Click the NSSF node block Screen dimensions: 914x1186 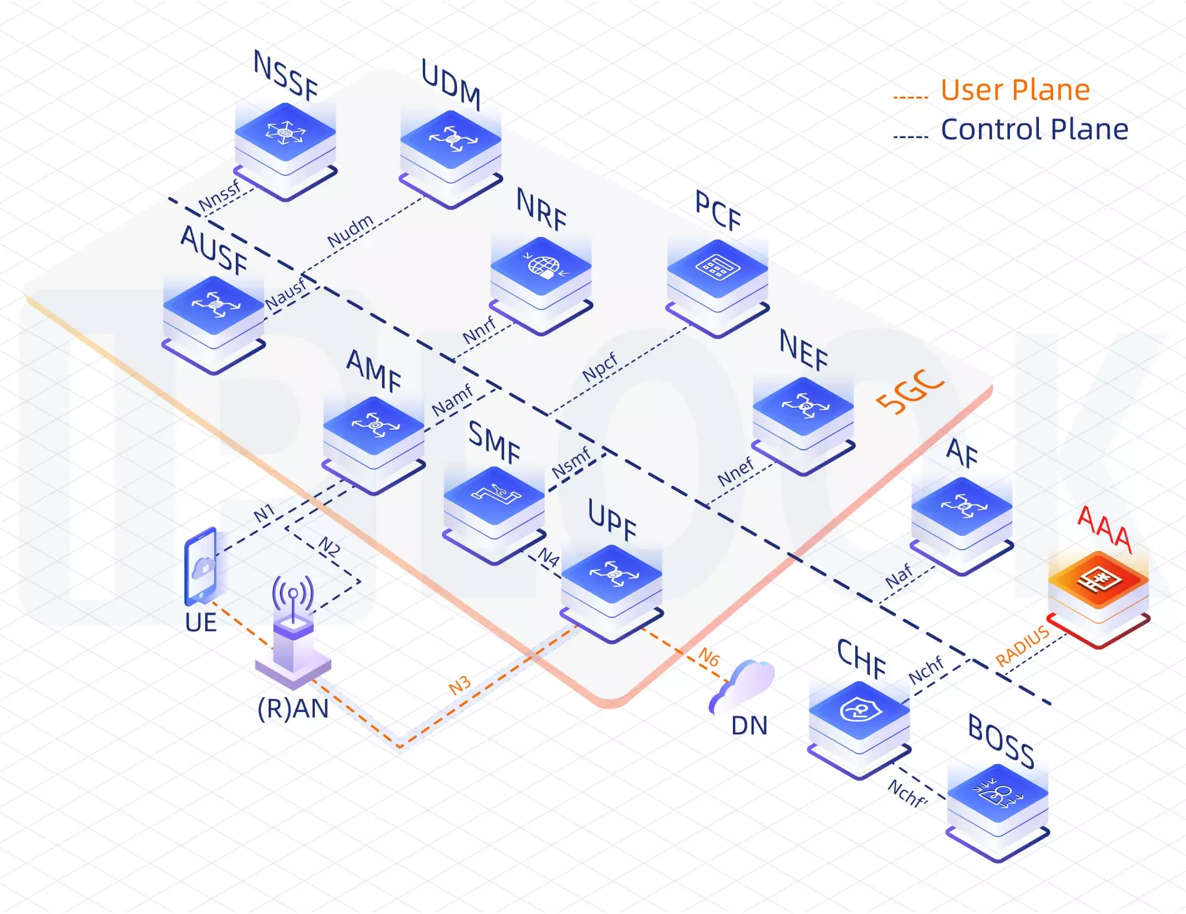pyautogui.click(x=285, y=142)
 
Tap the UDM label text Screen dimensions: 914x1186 pyautogui.click(x=451, y=84)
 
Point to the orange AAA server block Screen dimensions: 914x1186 pyautogui.click(x=1098, y=590)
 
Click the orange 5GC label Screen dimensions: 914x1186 pyautogui.click(x=910, y=391)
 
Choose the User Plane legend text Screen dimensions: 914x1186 pyautogui.click(x=1015, y=90)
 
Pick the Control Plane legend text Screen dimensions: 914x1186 pyautogui.click(x=1034, y=129)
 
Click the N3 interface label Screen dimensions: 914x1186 pyautogui.click(x=460, y=685)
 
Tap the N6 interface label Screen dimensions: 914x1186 pyautogui.click(x=709, y=657)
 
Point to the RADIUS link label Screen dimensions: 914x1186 pyautogui.click(x=1022, y=646)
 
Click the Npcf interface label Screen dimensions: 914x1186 pyautogui.click(x=600, y=367)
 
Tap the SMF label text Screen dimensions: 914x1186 pyautogui.click(x=494, y=442)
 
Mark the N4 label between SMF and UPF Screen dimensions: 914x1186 pyautogui.click(x=549, y=557)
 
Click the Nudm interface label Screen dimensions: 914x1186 pyautogui.click(x=350, y=231)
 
